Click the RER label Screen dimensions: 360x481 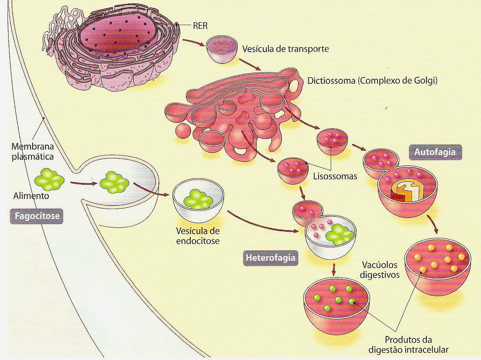[x=200, y=27]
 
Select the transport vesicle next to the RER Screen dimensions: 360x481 [x=222, y=49]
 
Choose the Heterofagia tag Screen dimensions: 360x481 [x=270, y=258]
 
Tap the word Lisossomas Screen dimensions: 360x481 [x=335, y=176]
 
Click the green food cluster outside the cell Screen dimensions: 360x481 [x=49, y=180]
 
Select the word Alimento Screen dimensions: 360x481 [x=31, y=196]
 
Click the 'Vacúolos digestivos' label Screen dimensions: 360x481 [x=379, y=269]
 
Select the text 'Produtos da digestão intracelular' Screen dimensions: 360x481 [x=416, y=344]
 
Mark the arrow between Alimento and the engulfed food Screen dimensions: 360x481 [x=83, y=182]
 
